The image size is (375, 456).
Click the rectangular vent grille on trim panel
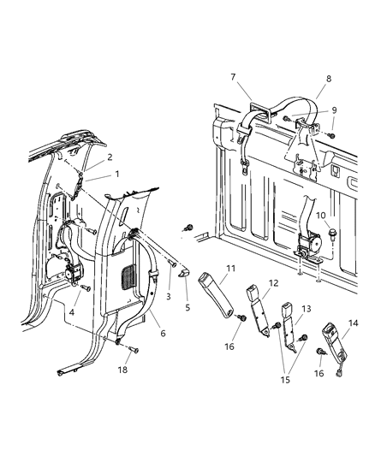pyautogui.click(x=130, y=279)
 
